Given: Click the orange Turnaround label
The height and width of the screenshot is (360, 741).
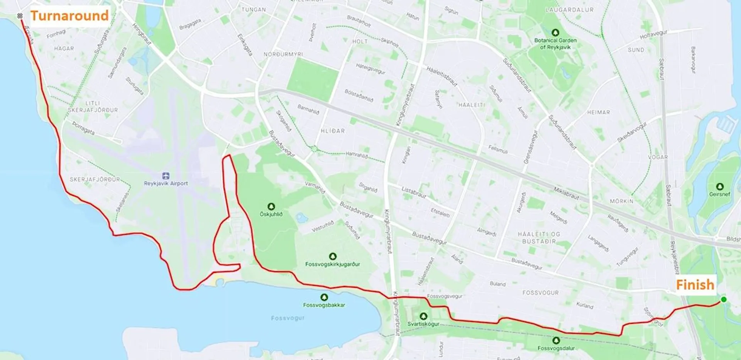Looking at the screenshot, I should [x=69, y=16].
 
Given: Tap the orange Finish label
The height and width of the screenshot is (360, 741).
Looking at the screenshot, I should [x=695, y=285].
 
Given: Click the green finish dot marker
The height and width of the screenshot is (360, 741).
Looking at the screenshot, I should [x=724, y=299].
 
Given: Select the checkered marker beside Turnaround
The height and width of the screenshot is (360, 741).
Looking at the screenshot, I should [x=20, y=16].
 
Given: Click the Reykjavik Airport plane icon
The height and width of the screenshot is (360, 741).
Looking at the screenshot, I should [x=166, y=176].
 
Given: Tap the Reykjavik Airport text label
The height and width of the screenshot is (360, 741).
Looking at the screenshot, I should [x=166, y=183].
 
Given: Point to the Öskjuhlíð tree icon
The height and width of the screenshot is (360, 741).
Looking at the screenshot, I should [x=271, y=206].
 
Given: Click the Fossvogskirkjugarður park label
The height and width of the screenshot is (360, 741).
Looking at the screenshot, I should [x=332, y=264].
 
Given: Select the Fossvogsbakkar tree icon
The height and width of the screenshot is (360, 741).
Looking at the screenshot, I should [x=324, y=297].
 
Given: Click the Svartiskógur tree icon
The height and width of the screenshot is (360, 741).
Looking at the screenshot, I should [x=423, y=316].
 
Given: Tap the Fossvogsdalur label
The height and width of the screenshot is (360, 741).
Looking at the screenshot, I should [x=556, y=348].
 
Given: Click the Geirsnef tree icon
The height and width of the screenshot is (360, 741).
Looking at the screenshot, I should [x=719, y=187].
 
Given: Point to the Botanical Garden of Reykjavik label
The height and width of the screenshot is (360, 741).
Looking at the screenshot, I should [x=555, y=44].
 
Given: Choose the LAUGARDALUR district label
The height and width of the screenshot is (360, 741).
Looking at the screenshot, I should [x=569, y=10].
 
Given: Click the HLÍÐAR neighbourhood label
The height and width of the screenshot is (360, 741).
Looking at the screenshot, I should [x=333, y=131].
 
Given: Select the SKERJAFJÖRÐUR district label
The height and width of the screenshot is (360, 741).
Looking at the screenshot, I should [x=95, y=179].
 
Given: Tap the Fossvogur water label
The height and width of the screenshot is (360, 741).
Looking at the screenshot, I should [x=288, y=318].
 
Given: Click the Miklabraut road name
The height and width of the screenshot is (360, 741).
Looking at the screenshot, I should [x=566, y=193].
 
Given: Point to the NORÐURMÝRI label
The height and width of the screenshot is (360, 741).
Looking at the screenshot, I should [x=283, y=54].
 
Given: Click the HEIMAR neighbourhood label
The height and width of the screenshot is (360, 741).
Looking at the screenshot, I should [x=598, y=112].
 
